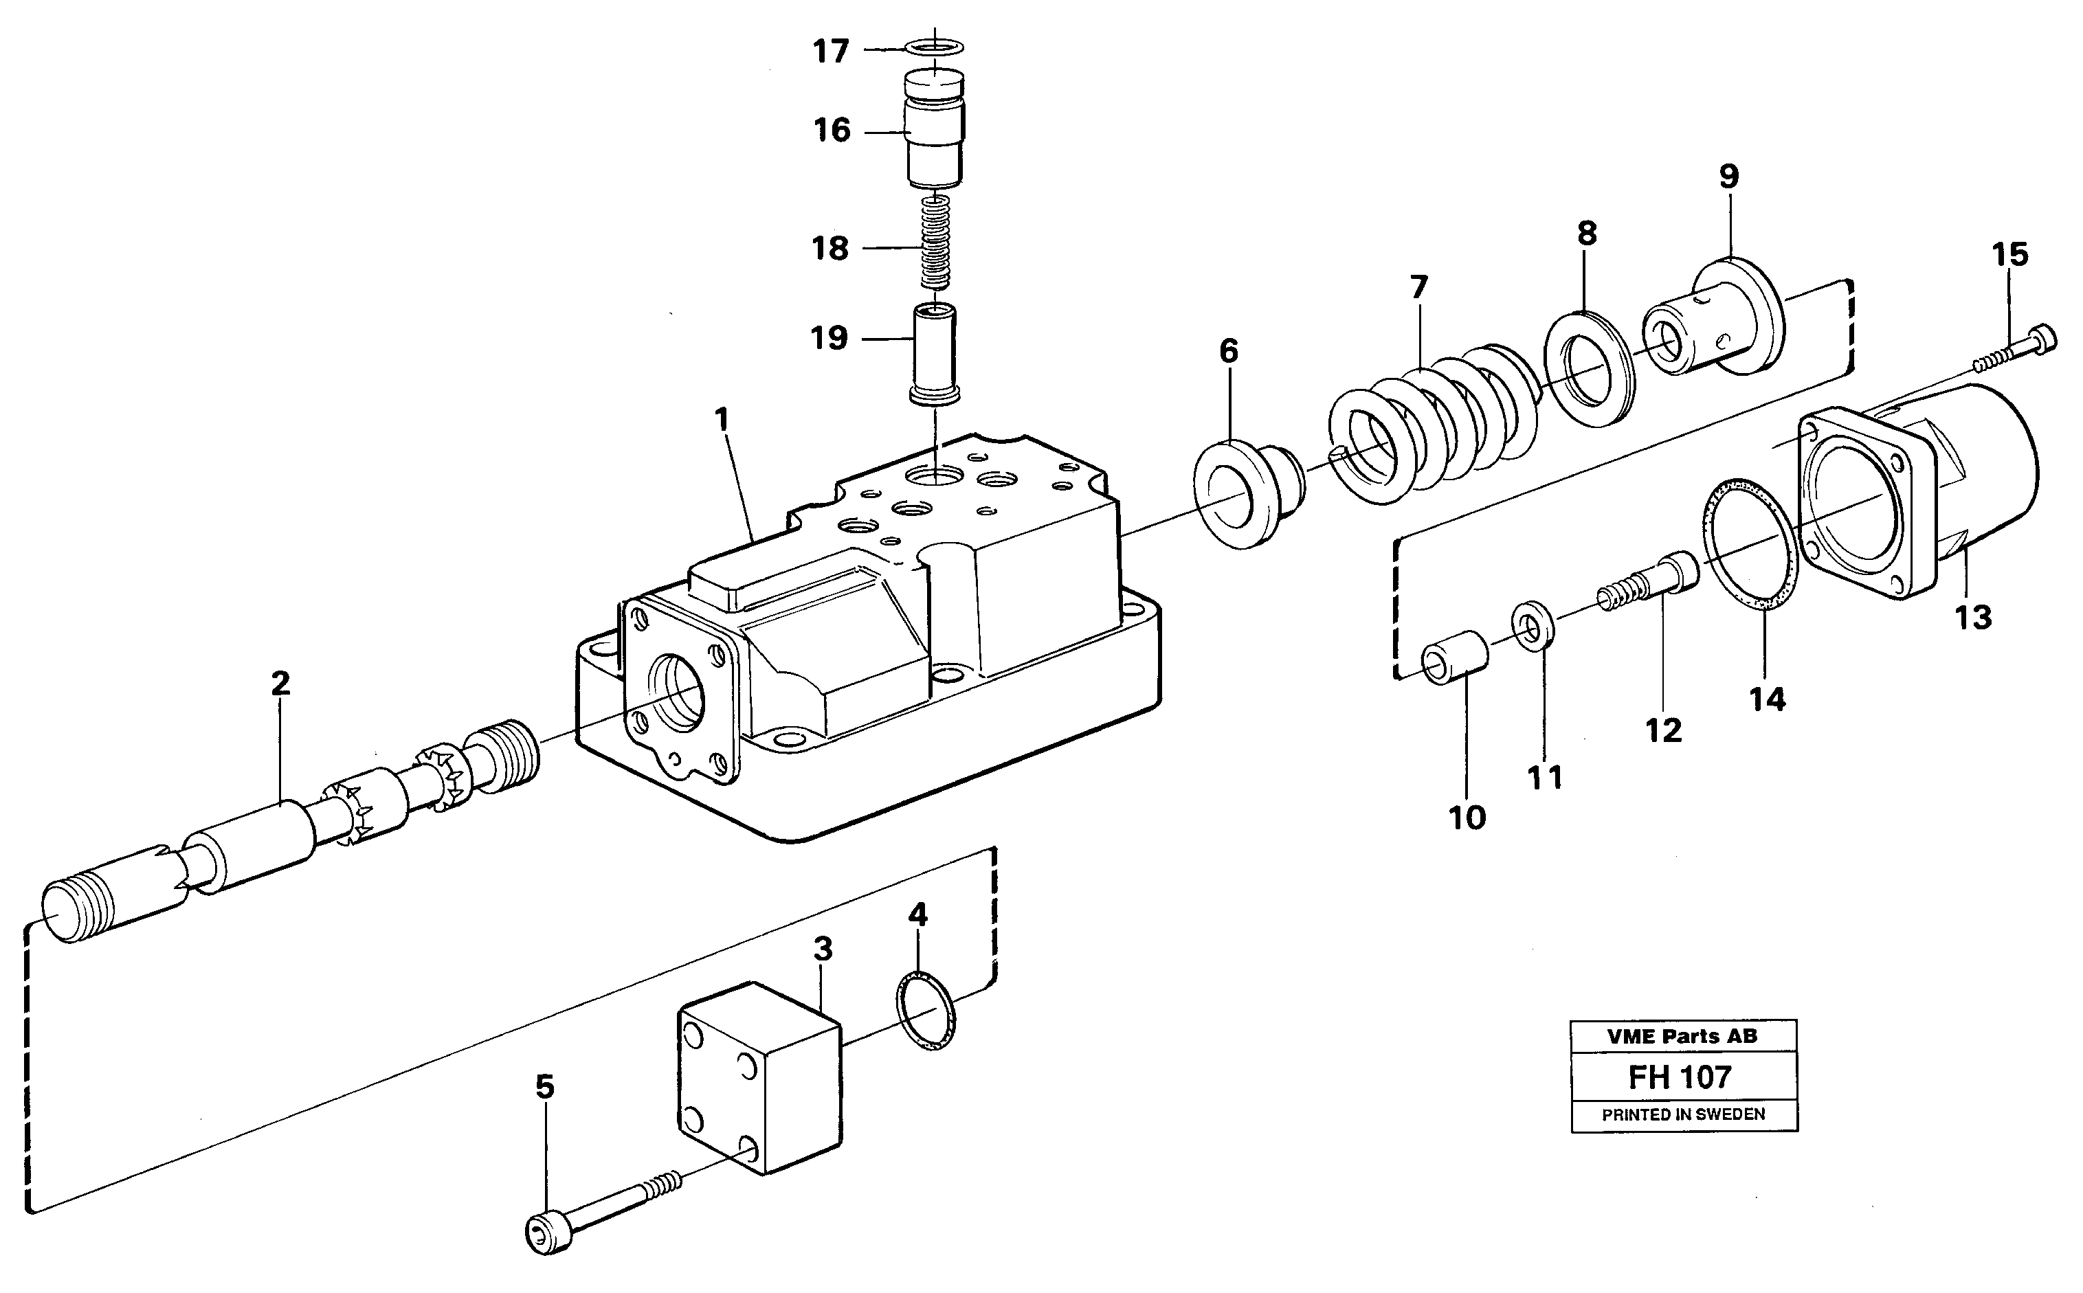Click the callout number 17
pos(829,52)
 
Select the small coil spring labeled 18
pos(935,243)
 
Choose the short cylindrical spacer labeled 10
pos(1454,657)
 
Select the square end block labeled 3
pos(759,1079)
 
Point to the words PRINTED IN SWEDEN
pos(1682,1115)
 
